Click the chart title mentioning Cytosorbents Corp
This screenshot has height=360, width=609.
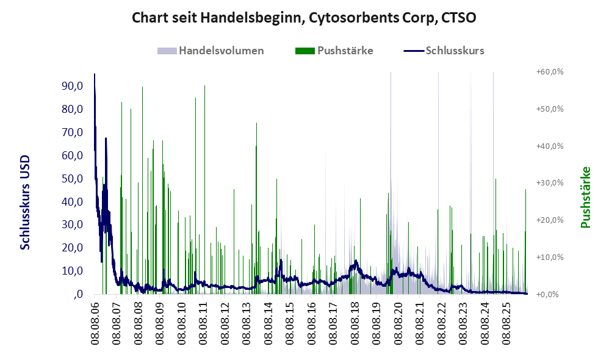(x=304, y=18)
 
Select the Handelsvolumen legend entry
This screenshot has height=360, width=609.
(x=211, y=51)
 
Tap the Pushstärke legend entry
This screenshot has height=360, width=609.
(x=334, y=51)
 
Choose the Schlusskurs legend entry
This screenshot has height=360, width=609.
(x=444, y=51)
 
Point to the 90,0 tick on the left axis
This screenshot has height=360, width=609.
(x=72, y=86)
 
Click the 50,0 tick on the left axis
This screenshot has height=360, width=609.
(x=72, y=179)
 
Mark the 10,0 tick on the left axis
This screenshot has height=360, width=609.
(x=72, y=271)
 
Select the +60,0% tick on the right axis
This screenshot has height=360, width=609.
(x=550, y=72)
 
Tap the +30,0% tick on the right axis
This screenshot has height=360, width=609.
(x=550, y=183)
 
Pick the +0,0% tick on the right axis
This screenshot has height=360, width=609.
(x=547, y=294)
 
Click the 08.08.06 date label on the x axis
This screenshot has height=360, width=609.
(x=95, y=322)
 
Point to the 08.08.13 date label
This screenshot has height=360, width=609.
(x=247, y=322)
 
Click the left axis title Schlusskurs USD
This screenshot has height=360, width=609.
(x=25, y=203)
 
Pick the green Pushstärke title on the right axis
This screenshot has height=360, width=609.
(x=585, y=197)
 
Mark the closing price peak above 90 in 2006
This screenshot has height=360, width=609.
(x=95, y=74)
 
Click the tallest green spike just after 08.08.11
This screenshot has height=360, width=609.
(x=204, y=86)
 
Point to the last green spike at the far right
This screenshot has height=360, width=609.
(x=526, y=190)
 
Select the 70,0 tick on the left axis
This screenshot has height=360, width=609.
(x=72, y=132)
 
